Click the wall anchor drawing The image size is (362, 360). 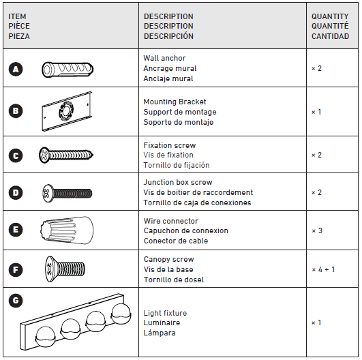[67, 69]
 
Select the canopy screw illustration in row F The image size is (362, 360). [61, 268]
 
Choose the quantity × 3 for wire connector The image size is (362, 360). [317, 230]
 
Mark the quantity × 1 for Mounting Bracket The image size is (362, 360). [317, 112]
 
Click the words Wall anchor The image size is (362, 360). [164, 59]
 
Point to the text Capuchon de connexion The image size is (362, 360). [185, 230]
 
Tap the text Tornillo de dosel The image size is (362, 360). [173, 280]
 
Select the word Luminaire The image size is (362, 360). [162, 322]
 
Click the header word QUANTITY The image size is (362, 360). [329, 16]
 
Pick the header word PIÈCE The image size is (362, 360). [18, 26]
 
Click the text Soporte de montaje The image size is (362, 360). [178, 122]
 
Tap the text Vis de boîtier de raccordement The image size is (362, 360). [198, 193]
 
